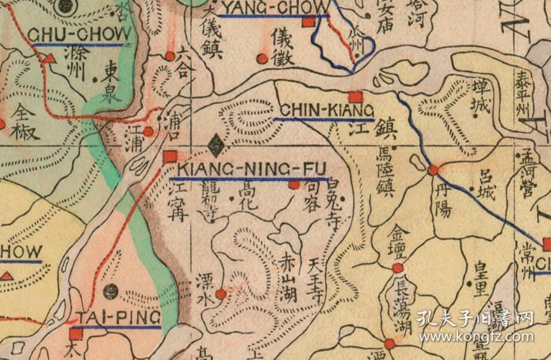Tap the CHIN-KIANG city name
(x=327, y=110)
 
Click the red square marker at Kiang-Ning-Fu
(x=170, y=157)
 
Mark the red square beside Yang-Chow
(x=309, y=23)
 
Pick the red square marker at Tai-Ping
(x=76, y=333)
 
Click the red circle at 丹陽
(x=433, y=170)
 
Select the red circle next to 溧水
(x=221, y=293)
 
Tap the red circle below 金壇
(x=398, y=269)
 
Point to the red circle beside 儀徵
(x=261, y=59)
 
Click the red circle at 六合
(x=170, y=56)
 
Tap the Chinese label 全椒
(x=26, y=122)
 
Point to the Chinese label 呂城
(x=485, y=186)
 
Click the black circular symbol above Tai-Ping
(x=110, y=292)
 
